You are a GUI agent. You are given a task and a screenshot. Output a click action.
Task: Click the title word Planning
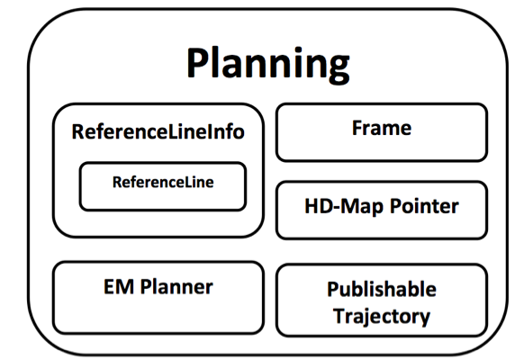tap(267, 65)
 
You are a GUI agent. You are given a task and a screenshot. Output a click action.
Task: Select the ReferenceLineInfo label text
tap(158, 132)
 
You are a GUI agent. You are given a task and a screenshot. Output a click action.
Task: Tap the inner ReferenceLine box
tap(162, 184)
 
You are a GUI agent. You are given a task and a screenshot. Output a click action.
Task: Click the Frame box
tap(381, 131)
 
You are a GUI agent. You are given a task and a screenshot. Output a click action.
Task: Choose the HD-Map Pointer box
tap(381, 209)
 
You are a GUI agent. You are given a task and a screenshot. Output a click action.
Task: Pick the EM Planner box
tap(158, 295)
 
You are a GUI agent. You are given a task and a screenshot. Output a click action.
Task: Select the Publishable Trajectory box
tap(381, 301)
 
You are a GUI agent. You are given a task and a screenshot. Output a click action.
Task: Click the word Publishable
tap(381, 290)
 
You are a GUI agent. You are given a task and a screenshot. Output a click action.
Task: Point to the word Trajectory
tap(381, 316)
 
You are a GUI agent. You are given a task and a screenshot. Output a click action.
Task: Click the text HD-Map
tap(341, 206)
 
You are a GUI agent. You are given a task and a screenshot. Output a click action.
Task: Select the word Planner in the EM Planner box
tap(175, 288)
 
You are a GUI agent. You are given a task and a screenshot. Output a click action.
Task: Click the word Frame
tap(381, 128)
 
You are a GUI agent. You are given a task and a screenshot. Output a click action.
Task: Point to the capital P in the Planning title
tap(200, 64)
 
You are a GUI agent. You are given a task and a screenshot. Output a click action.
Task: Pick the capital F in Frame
tap(357, 128)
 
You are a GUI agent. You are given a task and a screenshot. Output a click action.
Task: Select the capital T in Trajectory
tap(339, 316)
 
